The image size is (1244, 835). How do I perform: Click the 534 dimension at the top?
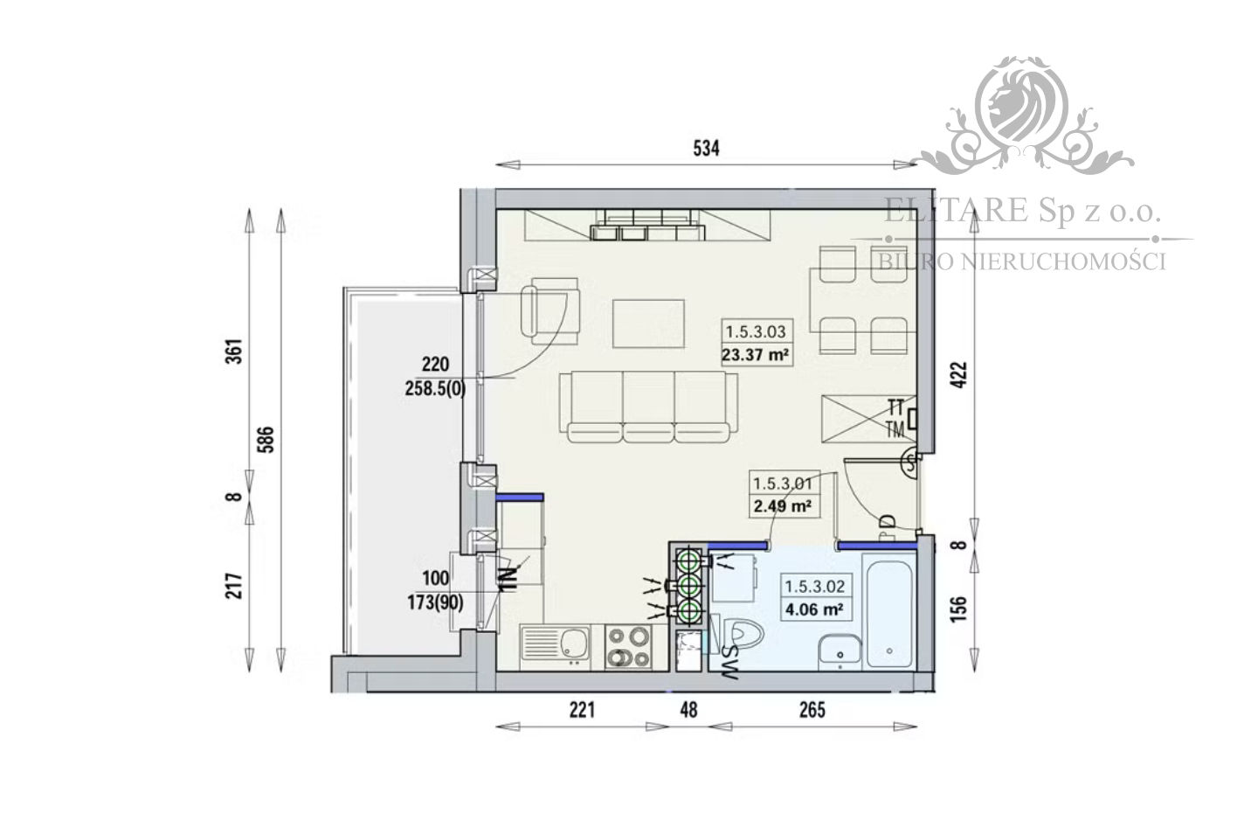click(706, 149)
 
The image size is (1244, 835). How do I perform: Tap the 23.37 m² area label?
click(756, 356)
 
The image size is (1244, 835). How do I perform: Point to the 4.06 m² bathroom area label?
click(814, 610)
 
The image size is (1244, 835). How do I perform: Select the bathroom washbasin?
click(840, 651)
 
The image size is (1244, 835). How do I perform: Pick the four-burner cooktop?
click(629, 648)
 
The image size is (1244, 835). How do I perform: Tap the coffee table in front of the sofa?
click(648, 323)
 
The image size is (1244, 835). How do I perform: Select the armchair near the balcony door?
click(550, 310)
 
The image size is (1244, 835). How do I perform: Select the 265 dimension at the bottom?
click(812, 709)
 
